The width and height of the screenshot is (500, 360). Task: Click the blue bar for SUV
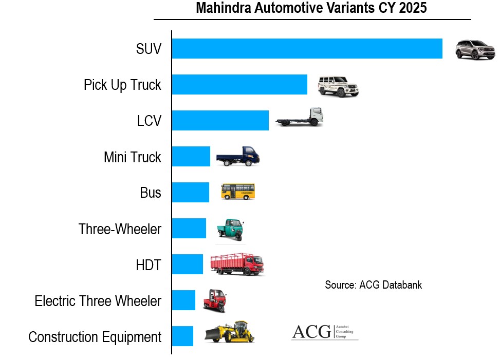tap(307, 49)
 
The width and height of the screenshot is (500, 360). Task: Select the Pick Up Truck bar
tap(239, 85)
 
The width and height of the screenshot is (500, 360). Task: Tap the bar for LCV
tap(220, 121)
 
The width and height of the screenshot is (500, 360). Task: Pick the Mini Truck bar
tap(191, 157)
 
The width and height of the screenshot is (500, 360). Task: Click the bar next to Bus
tap(190, 193)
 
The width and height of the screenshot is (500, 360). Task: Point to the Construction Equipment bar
tap(182, 336)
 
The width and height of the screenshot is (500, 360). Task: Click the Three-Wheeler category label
tap(120, 229)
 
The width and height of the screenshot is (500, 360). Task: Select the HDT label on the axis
tap(149, 265)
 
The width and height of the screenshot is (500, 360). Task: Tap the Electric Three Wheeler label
tap(98, 301)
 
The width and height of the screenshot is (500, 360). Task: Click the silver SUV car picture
tap(475, 50)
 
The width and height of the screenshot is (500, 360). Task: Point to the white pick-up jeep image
tap(338, 86)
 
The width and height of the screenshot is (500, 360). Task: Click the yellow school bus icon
tap(237, 192)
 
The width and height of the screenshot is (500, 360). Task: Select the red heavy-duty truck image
tap(237, 264)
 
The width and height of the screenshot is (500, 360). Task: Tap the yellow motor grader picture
tap(230, 332)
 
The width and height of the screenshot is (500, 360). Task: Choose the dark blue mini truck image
tap(238, 155)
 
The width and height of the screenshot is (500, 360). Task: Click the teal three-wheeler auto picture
tap(231, 229)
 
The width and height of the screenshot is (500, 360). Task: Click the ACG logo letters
tap(311, 332)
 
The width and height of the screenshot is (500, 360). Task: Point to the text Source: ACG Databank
tap(373, 285)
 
